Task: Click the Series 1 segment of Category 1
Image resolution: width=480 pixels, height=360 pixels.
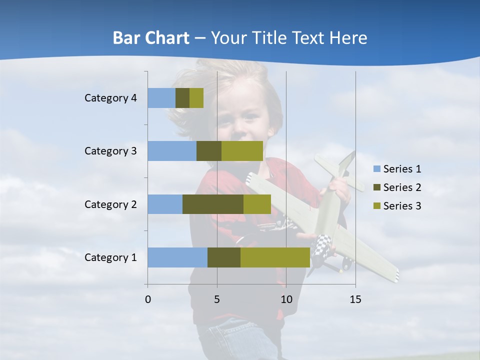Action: pos(177,257)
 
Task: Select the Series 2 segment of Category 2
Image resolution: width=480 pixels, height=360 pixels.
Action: pos(213,204)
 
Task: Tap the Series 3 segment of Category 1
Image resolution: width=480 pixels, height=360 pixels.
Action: pos(275,257)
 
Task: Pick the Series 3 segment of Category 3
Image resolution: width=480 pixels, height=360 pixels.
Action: pos(242,151)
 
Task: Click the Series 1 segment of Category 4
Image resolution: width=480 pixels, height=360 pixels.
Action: pos(161,98)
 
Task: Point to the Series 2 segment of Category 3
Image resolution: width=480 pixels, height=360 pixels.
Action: pos(209,151)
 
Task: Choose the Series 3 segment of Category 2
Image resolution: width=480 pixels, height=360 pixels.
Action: pos(257,204)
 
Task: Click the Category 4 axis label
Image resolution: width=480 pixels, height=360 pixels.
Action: pos(110,98)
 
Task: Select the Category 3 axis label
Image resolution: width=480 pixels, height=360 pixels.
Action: pos(110,151)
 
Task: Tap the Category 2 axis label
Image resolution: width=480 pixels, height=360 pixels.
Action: pos(110,204)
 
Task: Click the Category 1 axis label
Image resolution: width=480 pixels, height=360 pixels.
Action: pos(110,257)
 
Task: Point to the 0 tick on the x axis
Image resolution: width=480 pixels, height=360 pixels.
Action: pos(148,299)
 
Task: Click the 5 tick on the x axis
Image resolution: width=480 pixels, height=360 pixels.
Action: pos(217,299)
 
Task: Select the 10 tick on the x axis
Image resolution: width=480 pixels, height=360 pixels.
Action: pos(286,299)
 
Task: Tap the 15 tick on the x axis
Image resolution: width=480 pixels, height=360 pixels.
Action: pos(355,299)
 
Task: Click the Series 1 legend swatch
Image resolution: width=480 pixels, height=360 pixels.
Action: pos(376,169)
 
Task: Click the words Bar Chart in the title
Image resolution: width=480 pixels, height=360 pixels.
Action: pos(151,38)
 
